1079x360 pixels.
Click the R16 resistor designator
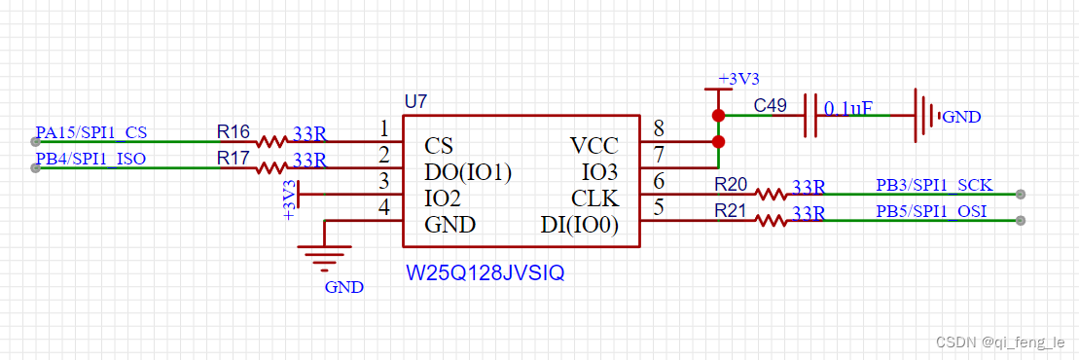pos(233,131)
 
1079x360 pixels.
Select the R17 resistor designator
pos(233,158)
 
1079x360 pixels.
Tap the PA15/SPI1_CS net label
pos(91,132)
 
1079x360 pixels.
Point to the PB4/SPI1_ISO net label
pos(90,159)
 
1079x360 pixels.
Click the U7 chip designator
pos(415,101)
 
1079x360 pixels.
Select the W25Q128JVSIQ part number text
pos(485,274)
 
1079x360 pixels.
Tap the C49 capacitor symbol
pos(809,115)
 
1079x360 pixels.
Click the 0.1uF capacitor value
pos(847,108)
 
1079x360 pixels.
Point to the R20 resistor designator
pos(731,184)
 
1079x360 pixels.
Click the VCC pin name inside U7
pos(593,146)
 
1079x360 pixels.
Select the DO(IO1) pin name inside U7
pos(468,172)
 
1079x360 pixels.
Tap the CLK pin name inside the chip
pos(593,198)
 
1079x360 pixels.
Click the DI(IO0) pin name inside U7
pos(580,225)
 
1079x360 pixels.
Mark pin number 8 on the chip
pos(659,128)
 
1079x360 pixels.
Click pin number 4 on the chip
pos(383,207)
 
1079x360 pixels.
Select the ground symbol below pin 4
pos(324,259)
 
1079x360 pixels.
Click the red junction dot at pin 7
pos(718,142)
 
